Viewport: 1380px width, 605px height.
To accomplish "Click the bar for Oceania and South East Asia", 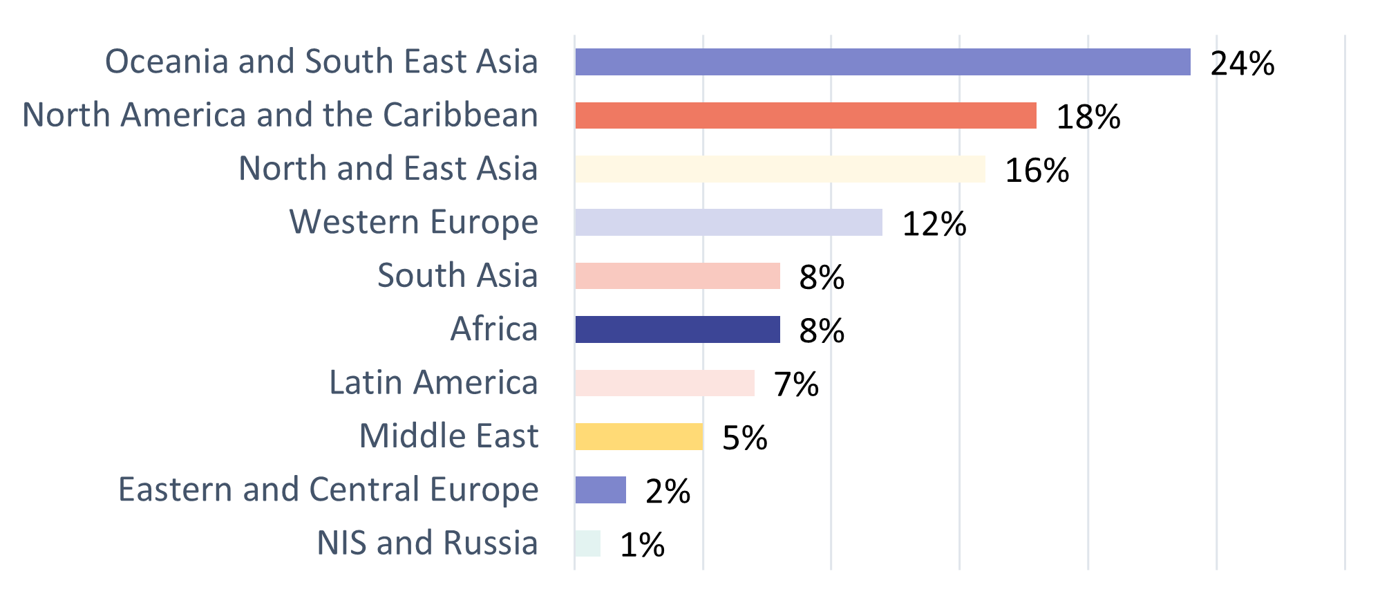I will click(x=882, y=62).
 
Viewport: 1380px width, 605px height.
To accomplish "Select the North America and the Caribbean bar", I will click(x=805, y=115).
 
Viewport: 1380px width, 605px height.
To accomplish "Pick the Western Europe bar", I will click(x=728, y=223).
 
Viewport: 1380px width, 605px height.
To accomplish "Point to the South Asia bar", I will click(x=677, y=276).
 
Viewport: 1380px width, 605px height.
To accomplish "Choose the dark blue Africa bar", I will click(x=677, y=330).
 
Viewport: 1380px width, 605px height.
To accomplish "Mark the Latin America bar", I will click(x=664, y=383).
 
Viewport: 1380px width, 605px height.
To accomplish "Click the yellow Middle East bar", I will click(x=639, y=436).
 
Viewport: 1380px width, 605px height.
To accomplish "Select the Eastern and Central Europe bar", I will click(x=600, y=490).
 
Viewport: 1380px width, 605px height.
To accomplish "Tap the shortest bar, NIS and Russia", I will click(x=587, y=543).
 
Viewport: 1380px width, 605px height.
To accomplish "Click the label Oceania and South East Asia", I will click(x=321, y=62).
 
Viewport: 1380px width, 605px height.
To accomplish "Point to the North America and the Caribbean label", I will click(x=280, y=115).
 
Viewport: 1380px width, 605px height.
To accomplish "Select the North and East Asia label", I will click(x=388, y=169).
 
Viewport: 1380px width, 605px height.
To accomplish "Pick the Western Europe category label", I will click(x=413, y=223).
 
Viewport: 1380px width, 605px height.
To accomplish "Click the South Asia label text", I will click(x=457, y=276).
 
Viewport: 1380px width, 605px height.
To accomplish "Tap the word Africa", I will click(x=493, y=329).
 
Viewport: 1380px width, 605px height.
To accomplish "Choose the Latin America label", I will click(x=433, y=382).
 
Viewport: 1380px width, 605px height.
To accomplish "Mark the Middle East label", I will click(x=448, y=436).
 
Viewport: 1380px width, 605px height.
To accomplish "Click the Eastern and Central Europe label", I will click(x=328, y=490).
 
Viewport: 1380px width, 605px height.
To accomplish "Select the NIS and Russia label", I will click(x=427, y=543).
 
